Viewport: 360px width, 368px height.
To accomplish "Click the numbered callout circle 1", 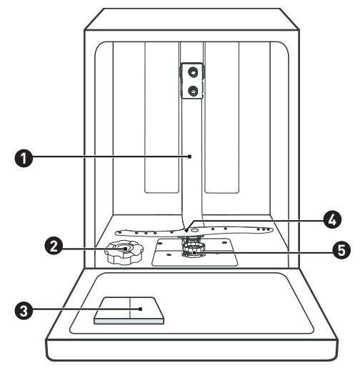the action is point(24,158).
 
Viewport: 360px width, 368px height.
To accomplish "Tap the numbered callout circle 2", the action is point(54,246).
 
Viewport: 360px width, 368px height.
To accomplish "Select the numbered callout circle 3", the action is point(24,311).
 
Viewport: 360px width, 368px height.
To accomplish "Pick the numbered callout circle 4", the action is point(332,220).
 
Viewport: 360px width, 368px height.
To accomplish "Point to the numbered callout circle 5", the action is point(341,250).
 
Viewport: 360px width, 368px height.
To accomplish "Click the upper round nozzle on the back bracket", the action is point(192,71).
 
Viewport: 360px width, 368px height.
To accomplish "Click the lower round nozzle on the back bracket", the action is point(192,90).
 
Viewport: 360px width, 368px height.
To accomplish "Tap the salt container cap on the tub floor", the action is point(124,253).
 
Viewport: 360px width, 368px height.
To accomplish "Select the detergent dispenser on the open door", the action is point(129,311).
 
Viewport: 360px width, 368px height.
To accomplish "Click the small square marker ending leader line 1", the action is point(189,156).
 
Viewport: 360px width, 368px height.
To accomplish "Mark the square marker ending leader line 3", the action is point(141,309).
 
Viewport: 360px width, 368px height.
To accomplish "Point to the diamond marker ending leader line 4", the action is point(186,230).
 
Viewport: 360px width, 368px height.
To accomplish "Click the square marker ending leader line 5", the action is point(194,253).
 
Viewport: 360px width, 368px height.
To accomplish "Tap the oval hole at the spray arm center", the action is point(195,230).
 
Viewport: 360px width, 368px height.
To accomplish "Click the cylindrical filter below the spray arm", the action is point(194,248).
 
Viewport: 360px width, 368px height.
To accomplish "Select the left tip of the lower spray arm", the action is point(115,232).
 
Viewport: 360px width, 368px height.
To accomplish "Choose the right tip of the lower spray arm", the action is point(272,230).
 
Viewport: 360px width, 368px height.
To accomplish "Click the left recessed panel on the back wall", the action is point(162,117).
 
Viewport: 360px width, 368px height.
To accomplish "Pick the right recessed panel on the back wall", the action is point(222,117).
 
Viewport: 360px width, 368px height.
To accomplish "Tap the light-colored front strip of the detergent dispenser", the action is point(129,322).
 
